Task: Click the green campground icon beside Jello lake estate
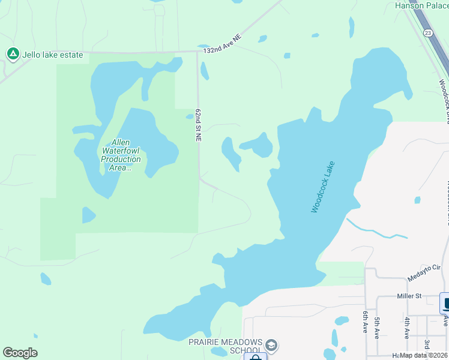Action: click(x=12, y=55)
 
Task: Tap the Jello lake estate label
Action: click(x=53, y=55)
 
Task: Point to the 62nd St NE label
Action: click(x=198, y=126)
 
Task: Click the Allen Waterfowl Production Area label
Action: click(x=121, y=155)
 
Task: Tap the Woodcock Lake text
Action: click(x=322, y=187)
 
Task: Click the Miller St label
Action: click(x=410, y=296)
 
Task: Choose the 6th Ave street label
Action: click(x=364, y=322)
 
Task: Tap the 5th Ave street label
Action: click(x=377, y=328)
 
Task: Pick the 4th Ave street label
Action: click(x=407, y=328)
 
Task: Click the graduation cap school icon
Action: click(x=271, y=345)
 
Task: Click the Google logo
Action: click(x=20, y=353)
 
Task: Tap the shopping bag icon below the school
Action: click(x=256, y=358)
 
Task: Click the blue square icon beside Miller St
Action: click(x=445, y=302)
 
